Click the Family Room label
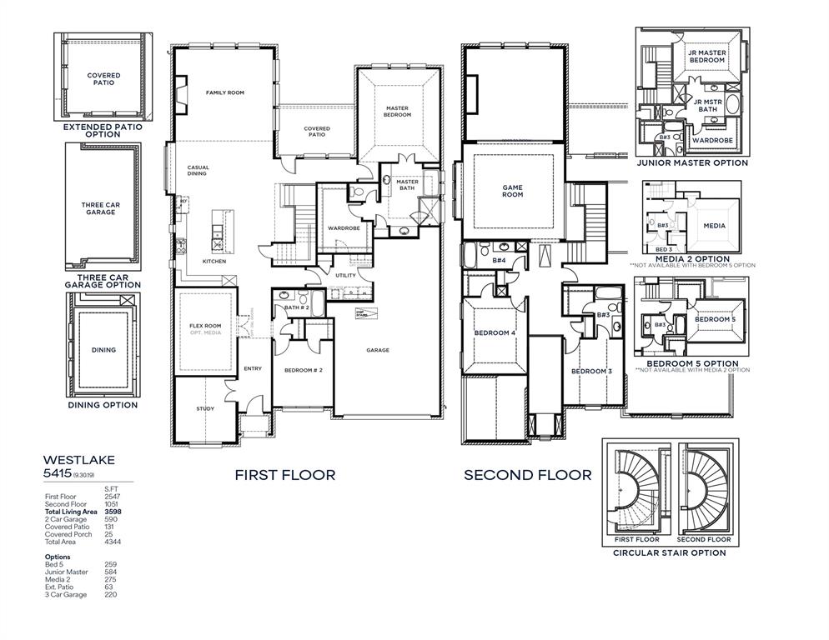[224, 92]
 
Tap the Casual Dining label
[198, 170]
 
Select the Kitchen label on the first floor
[214, 262]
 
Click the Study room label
[205, 408]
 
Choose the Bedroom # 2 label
[303, 370]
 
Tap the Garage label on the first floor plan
[378, 350]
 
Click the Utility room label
[345, 275]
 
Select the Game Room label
[512, 191]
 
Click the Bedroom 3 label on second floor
[591, 370]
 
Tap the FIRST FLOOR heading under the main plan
[284, 475]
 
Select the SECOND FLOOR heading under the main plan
[527, 475]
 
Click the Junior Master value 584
[110, 572]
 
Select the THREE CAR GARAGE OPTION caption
[103, 281]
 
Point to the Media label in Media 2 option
[714, 226]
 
